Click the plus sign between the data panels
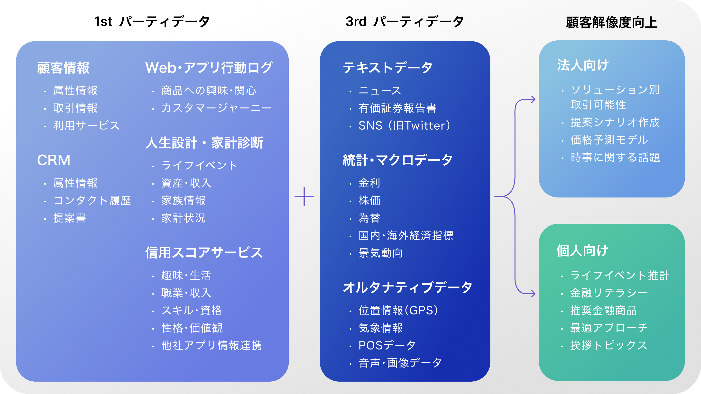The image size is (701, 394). click(x=304, y=196)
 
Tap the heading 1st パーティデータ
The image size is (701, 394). click(x=152, y=21)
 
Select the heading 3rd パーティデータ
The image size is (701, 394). click(x=404, y=21)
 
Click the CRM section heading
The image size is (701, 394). click(x=54, y=160)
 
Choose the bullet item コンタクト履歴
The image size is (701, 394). click(x=92, y=201)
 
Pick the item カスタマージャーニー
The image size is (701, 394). click(x=216, y=108)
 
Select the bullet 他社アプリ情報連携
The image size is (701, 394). click(x=211, y=346)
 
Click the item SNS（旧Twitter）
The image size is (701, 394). click(x=404, y=126)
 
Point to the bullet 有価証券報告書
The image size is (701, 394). click(x=397, y=108)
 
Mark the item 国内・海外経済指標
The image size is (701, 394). click(x=406, y=235)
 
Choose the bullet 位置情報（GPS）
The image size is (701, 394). click(x=398, y=311)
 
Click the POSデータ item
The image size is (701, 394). click(x=387, y=346)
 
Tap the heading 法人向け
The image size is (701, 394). click(x=583, y=65)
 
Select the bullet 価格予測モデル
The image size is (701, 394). click(x=609, y=140)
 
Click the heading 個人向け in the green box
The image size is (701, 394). click(x=582, y=251)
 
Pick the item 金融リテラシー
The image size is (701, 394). click(x=609, y=293)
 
